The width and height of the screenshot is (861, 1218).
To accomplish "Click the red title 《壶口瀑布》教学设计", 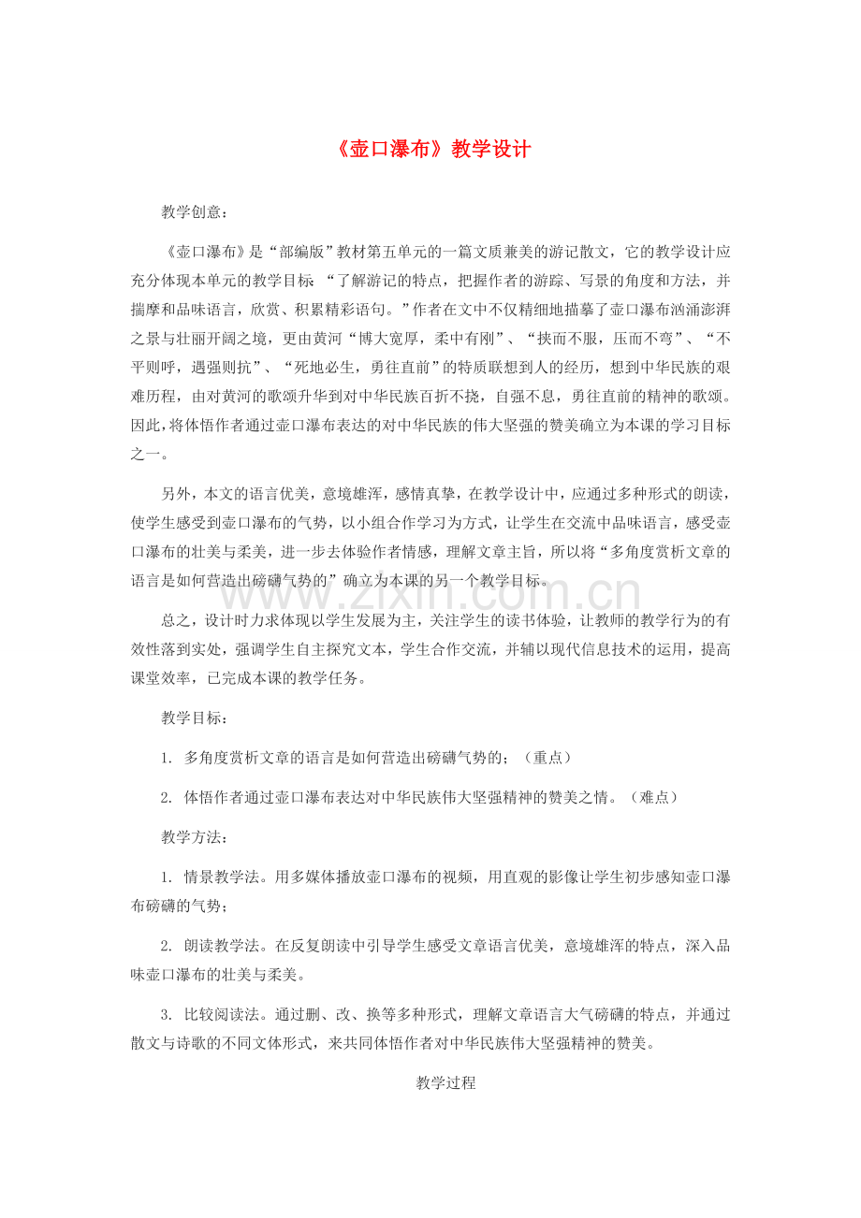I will (x=430, y=150).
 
